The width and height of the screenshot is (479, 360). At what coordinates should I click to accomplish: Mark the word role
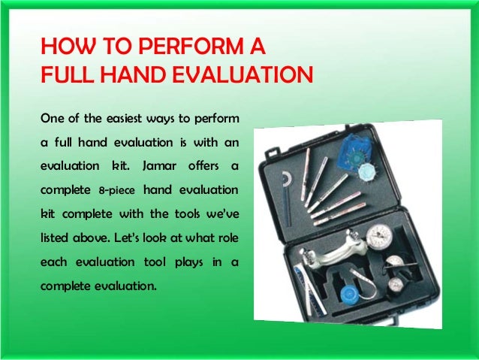coord(227,236)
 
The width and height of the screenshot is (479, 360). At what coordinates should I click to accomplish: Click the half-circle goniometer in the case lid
coord(288,180)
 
